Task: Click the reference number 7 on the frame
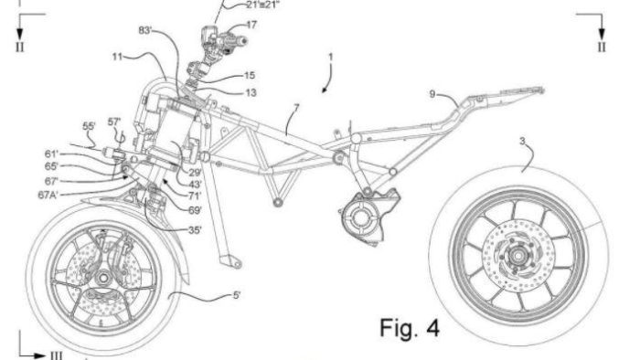click(x=295, y=109)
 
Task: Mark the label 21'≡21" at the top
click(x=243, y=5)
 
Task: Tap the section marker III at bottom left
click(x=55, y=354)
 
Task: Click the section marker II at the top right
click(x=601, y=45)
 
